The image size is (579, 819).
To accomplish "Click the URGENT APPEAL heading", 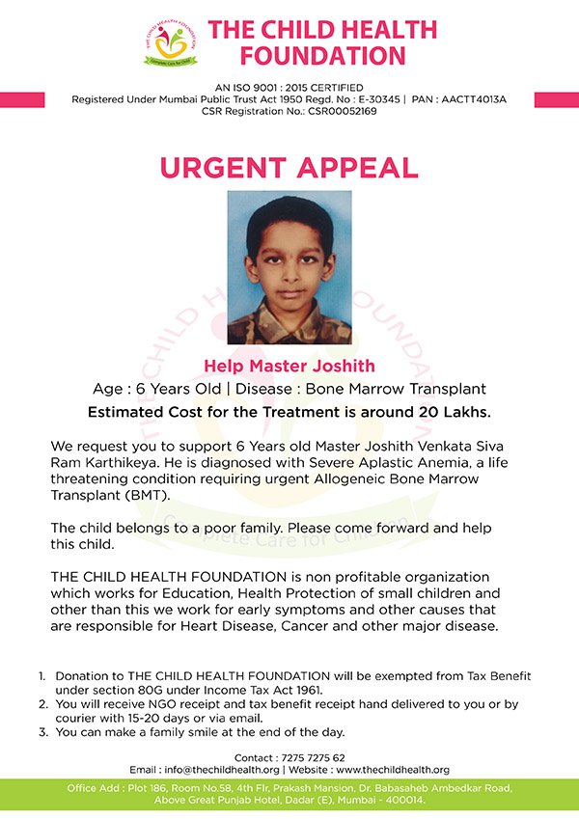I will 289,166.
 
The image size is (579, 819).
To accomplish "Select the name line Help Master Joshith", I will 289,367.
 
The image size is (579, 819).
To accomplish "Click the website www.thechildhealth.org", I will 394,770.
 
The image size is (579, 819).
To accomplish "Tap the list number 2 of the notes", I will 42,705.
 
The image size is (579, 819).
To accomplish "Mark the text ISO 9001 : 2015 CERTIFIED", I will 289,87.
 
